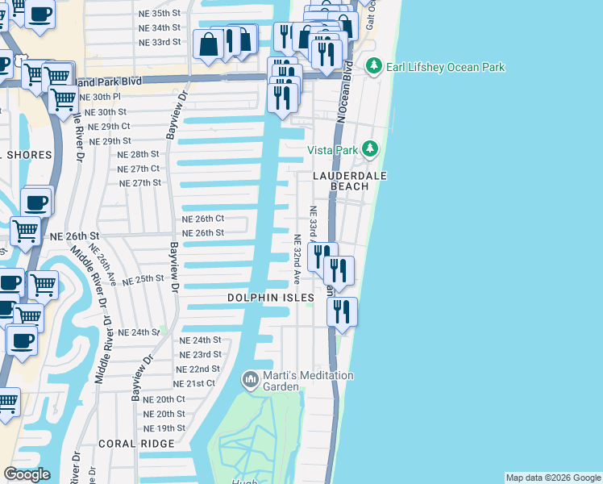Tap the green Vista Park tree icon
370,148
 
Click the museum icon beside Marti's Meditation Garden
251,378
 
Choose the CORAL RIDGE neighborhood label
136,444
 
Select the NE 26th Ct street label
202,219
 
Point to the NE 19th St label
164,428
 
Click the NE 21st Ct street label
194,383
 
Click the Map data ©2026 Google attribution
554,478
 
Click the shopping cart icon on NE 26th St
25,231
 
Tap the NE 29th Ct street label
109,127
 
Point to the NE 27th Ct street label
139,169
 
